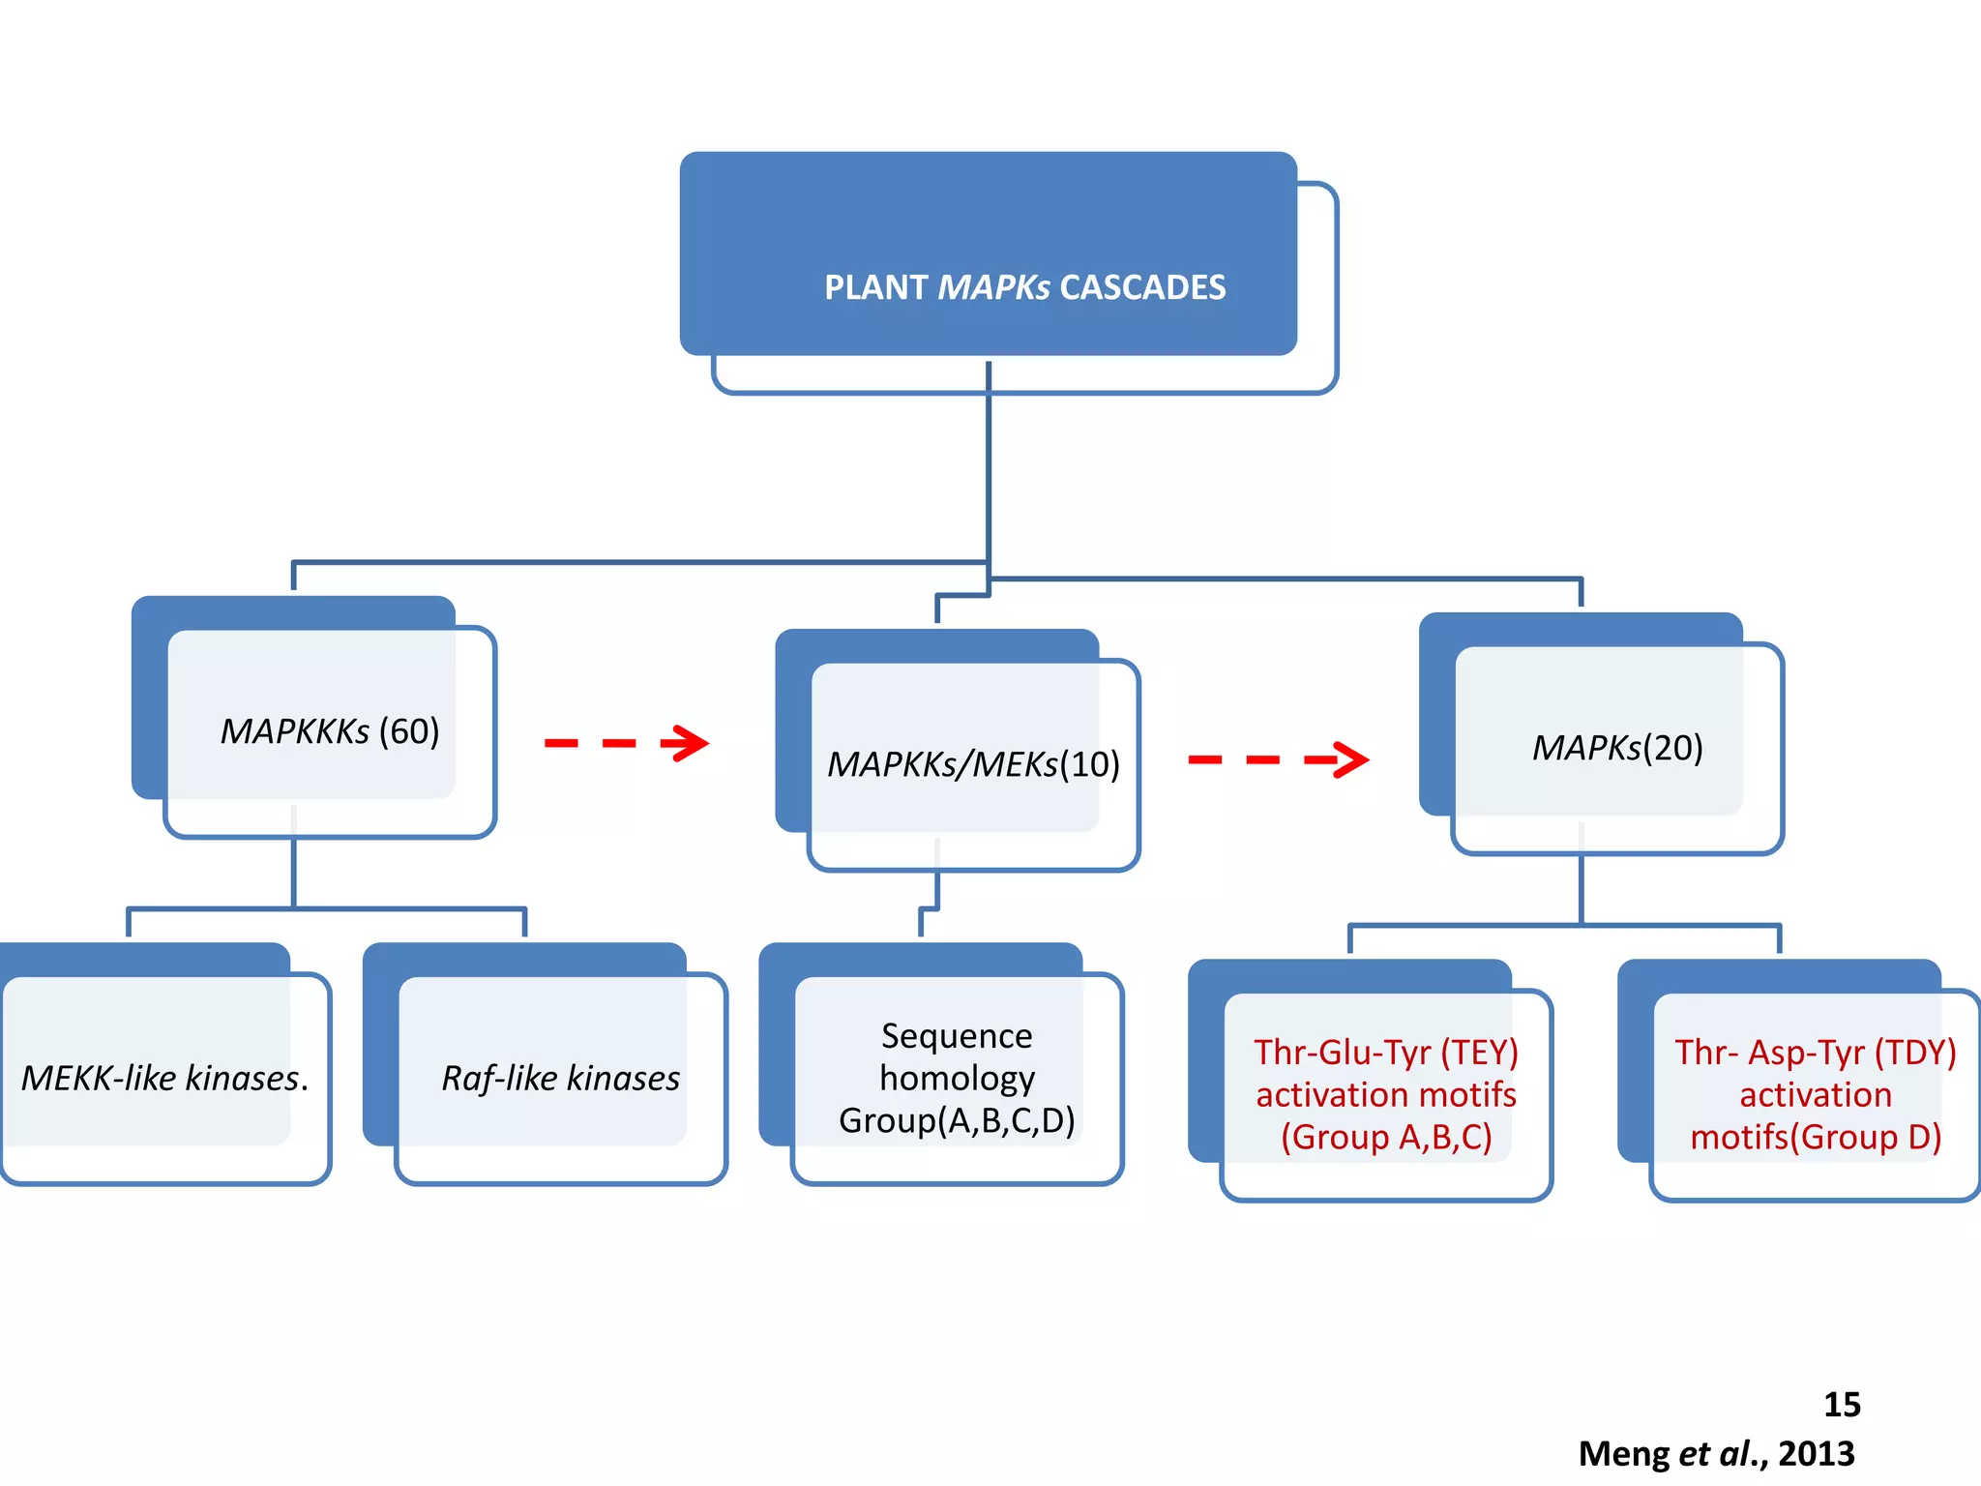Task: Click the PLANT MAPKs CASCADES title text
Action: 1024,287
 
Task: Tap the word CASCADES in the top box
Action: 1142,287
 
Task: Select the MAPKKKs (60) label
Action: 330,731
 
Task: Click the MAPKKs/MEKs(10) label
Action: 973,764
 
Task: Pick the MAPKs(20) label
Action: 1617,748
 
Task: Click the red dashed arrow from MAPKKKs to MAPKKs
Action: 626,743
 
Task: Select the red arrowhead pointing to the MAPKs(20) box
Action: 1348,759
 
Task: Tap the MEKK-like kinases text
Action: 164,1078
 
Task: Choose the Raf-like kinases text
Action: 561,1078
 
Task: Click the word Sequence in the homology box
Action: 957,1036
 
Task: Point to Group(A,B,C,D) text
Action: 957,1120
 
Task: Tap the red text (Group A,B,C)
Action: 1386,1137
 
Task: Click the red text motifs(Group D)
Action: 1816,1137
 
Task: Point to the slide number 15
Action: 1842,1405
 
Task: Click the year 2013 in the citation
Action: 1817,1454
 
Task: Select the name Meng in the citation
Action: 1624,1454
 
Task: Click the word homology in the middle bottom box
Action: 957,1078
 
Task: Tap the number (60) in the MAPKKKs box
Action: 409,731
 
